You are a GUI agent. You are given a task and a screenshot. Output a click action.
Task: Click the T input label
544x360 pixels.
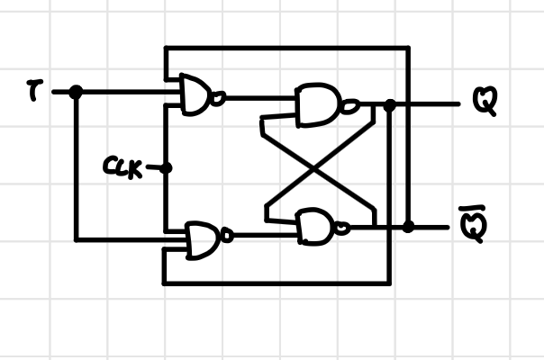click(x=32, y=90)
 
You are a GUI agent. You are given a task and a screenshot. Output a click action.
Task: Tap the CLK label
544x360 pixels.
click(x=122, y=167)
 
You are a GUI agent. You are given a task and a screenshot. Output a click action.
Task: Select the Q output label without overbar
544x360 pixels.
click(x=484, y=103)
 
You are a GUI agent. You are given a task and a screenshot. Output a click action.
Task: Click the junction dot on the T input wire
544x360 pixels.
click(x=76, y=92)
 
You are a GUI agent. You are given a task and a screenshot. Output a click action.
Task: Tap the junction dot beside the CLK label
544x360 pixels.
click(x=165, y=167)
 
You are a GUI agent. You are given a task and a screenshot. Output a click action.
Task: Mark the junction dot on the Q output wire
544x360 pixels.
click(x=389, y=105)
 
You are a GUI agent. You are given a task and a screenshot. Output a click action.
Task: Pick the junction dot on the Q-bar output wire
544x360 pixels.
click(x=408, y=227)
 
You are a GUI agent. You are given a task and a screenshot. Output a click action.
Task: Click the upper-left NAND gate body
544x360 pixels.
click(x=196, y=94)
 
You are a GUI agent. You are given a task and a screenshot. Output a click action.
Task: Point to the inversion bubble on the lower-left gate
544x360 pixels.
click(x=227, y=238)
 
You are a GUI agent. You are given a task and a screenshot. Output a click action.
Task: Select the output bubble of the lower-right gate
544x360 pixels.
click(x=341, y=229)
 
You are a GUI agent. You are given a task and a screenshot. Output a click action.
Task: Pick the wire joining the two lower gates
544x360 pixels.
click(x=265, y=237)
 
